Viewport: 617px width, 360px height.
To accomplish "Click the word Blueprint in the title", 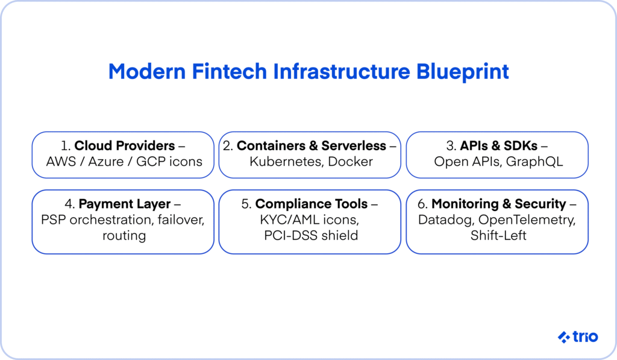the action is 462,72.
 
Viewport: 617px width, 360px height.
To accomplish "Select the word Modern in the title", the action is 147,71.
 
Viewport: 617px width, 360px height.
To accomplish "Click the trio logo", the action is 578,336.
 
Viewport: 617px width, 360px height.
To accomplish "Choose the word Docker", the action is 350,162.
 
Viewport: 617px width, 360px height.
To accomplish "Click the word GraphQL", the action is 534,162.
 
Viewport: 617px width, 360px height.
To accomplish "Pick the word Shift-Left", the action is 498,236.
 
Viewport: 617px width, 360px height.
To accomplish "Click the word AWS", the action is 61,162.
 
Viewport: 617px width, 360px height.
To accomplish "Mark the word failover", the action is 181,219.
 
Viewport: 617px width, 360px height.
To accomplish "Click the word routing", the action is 124,236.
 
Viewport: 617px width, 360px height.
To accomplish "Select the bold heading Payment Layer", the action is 125,204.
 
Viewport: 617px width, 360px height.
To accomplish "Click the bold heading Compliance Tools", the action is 312,204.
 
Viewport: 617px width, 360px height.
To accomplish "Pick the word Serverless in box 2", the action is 353,146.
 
